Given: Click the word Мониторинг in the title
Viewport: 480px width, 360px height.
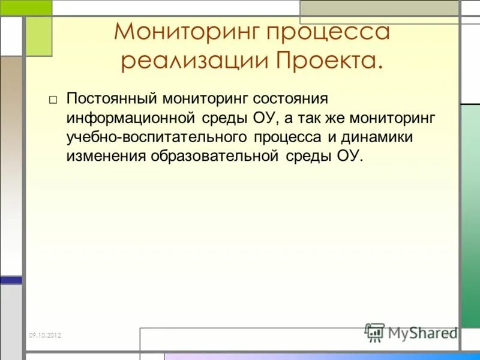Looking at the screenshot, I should pos(184,32).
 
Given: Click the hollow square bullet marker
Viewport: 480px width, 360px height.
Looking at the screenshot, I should pos(53,100).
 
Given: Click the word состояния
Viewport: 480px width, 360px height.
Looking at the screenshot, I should pos(290,98).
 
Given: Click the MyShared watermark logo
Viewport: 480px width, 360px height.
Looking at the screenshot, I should pos(411,332).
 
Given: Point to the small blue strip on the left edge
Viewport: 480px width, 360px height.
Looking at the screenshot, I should pos(11,280).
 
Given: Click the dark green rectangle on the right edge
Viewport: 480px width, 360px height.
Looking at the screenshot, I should pos(470,216).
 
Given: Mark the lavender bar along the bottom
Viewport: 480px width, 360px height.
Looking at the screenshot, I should pos(318,356).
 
